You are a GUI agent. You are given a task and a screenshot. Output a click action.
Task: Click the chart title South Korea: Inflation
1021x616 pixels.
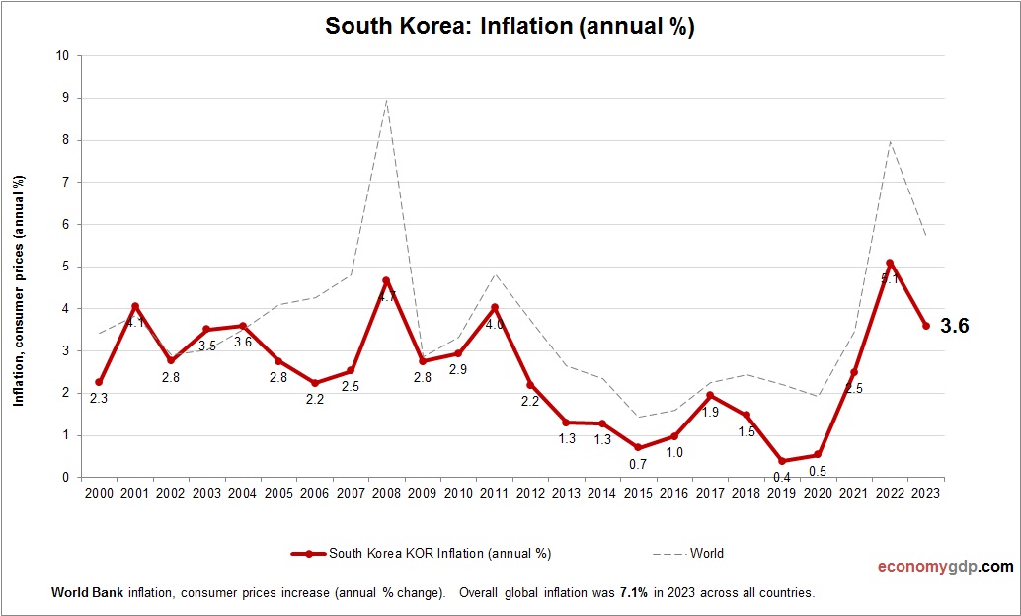pyautogui.click(x=510, y=27)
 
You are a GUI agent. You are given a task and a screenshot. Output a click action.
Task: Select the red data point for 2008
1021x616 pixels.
pyautogui.click(x=387, y=280)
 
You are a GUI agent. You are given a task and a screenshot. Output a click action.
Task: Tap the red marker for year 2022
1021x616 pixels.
pyautogui.click(x=890, y=263)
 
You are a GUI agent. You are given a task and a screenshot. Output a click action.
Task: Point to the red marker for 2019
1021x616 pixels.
pyautogui.click(x=782, y=461)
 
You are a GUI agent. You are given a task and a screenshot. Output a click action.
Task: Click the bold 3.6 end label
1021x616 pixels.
pyautogui.click(x=954, y=326)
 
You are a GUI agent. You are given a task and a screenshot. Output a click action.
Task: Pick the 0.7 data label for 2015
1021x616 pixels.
pyautogui.click(x=639, y=464)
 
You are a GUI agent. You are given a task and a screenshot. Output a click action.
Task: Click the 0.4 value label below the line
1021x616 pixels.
pyautogui.click(x=782, y=477)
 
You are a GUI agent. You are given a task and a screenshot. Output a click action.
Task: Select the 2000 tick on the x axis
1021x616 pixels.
pyautogui.click(x=99, y=493)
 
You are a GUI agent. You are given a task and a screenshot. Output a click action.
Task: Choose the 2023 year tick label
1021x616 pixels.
pyautogui.click(x=926, y=493)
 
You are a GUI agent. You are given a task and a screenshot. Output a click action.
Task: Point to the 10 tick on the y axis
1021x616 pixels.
pyautogui.click(x=62, y=56)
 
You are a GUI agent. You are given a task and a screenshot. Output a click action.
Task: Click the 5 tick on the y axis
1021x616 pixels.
pyautogui.click(x=65, y=267)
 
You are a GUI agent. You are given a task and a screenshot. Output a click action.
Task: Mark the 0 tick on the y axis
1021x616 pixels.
pyautogui.click(x=65, y=478)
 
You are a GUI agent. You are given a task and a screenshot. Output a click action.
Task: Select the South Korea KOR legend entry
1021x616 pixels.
pyautogui.click(x=421, y=554)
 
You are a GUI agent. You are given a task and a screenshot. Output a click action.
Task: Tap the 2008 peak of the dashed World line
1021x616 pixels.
pyautogui.click(x=387, y=100)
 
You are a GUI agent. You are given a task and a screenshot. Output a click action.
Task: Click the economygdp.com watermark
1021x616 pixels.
pyautogui.click(x=946, y=567)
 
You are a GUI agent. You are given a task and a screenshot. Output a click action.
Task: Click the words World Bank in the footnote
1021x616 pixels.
pyautogui.click(x=81, y=594)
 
